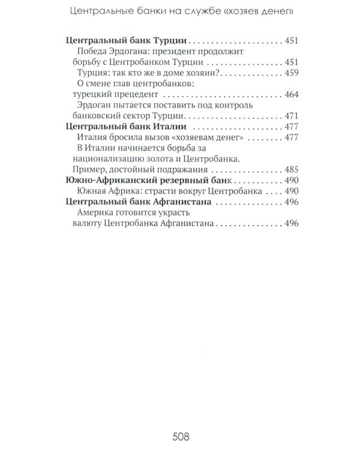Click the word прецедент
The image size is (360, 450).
pyautogui.click(x=133, y=94)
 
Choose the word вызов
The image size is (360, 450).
pyautogui.click(x=157, y=137)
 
